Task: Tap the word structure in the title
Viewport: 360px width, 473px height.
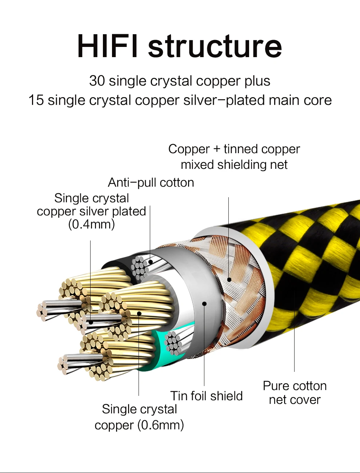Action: coord(215,46)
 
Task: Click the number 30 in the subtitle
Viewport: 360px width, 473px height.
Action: coord(97,81)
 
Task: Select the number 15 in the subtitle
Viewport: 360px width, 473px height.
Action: coord(36,100)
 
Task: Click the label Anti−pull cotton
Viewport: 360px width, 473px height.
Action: coord(151,182)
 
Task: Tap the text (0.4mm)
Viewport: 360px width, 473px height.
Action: coord(92,224)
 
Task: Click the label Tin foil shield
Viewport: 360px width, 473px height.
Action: coord(207,396)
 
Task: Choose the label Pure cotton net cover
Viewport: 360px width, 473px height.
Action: coord(295,393)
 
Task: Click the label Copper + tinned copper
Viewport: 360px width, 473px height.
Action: coord(234,149)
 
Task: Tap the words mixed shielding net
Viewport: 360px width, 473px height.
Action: coord(234,165)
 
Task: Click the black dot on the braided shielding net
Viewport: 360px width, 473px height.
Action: coord(229,279)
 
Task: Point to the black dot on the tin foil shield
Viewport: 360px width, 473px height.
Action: coord(204,303)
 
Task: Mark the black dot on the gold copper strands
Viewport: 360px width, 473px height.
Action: coord(139,313)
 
